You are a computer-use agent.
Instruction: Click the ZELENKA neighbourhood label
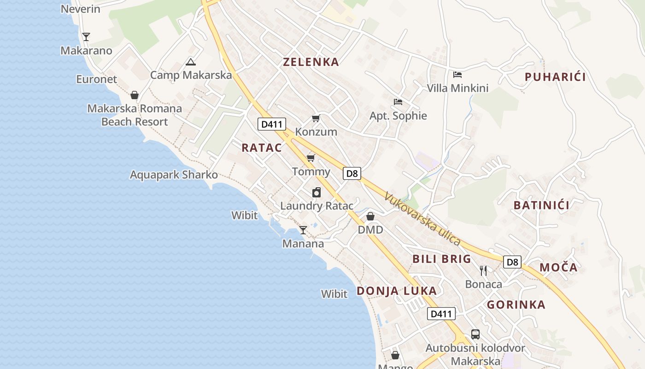(x=311, y=62)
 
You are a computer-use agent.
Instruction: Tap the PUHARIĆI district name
(x=555, y=77)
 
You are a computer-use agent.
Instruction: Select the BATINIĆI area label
(x=541, y=205)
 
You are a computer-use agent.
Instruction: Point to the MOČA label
(x=558, y=267)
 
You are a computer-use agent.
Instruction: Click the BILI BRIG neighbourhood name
(x=442, y=259)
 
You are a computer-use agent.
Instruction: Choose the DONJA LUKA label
(x=397, y=291)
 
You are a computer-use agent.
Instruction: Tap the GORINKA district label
(x=516, y=304)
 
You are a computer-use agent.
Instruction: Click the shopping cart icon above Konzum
(x=316, y=119)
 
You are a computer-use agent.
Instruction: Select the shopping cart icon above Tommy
(x=311, y=158)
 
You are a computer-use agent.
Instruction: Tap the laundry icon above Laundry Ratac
(x=317, y=192)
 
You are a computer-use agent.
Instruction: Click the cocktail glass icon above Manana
(x=303, y=230)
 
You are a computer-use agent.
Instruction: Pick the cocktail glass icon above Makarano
(x=86, y=36)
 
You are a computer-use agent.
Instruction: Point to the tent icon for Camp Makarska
(x=190, y=62)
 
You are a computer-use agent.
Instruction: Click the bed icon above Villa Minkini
(x=457, y=74)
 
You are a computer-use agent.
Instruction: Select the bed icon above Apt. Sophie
(x=398, y=101)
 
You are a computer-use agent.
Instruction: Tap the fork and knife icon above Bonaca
(x=483, y=270)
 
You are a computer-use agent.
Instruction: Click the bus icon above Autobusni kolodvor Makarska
(x=475, y=334)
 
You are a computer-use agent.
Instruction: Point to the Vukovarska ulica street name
(x=422, y=219)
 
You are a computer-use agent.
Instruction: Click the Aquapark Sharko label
(x=174, y=175)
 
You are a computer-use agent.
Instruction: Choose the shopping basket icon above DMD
(x=370, y=216)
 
